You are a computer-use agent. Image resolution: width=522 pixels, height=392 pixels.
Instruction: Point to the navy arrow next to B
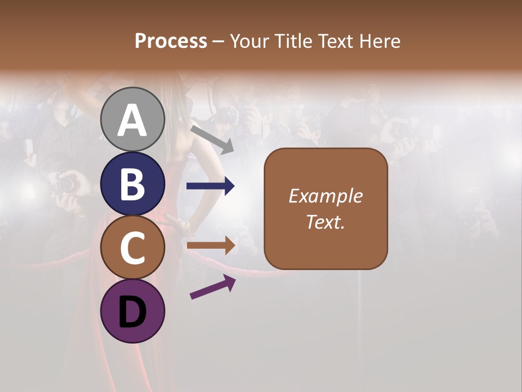[x=210, y=186]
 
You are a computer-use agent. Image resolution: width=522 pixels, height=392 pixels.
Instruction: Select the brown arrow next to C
[x=210, y=246]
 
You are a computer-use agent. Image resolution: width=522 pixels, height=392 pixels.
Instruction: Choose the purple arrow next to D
[x=213, y=287]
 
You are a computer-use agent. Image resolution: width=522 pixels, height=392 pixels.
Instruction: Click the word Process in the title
[x=171, y=41]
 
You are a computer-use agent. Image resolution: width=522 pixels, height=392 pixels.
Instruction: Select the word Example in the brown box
[x=325, y=196]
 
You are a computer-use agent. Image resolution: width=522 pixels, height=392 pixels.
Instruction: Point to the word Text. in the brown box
[x=325, y=222]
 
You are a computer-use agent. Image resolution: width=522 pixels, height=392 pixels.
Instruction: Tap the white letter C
[x=132, y=248]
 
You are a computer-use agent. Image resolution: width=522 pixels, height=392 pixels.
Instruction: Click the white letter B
[x=132, y=185]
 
